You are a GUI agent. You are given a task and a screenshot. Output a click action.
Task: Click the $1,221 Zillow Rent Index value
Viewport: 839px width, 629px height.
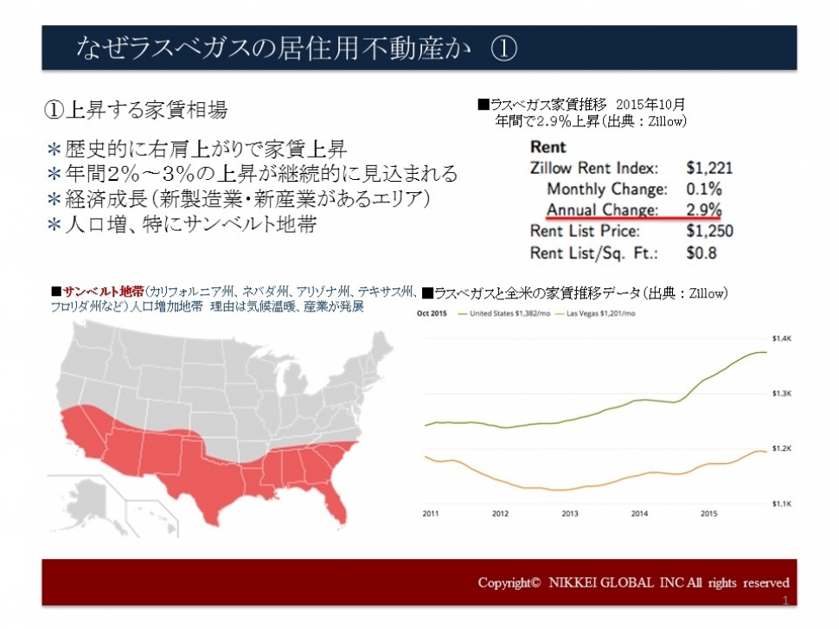[x=709, y=168]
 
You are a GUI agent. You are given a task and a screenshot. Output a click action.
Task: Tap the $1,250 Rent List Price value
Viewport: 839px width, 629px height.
[x=709, y=231]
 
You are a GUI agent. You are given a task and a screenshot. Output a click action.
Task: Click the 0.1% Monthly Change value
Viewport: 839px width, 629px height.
[x=705, y=189]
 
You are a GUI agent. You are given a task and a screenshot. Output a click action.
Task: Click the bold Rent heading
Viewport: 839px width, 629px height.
[x=548, y=147]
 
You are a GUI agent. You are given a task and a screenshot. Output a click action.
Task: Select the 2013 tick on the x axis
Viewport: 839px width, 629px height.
[x=569, y=513]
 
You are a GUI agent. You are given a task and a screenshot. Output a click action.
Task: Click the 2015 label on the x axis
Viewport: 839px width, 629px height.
[x=708, y=513]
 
